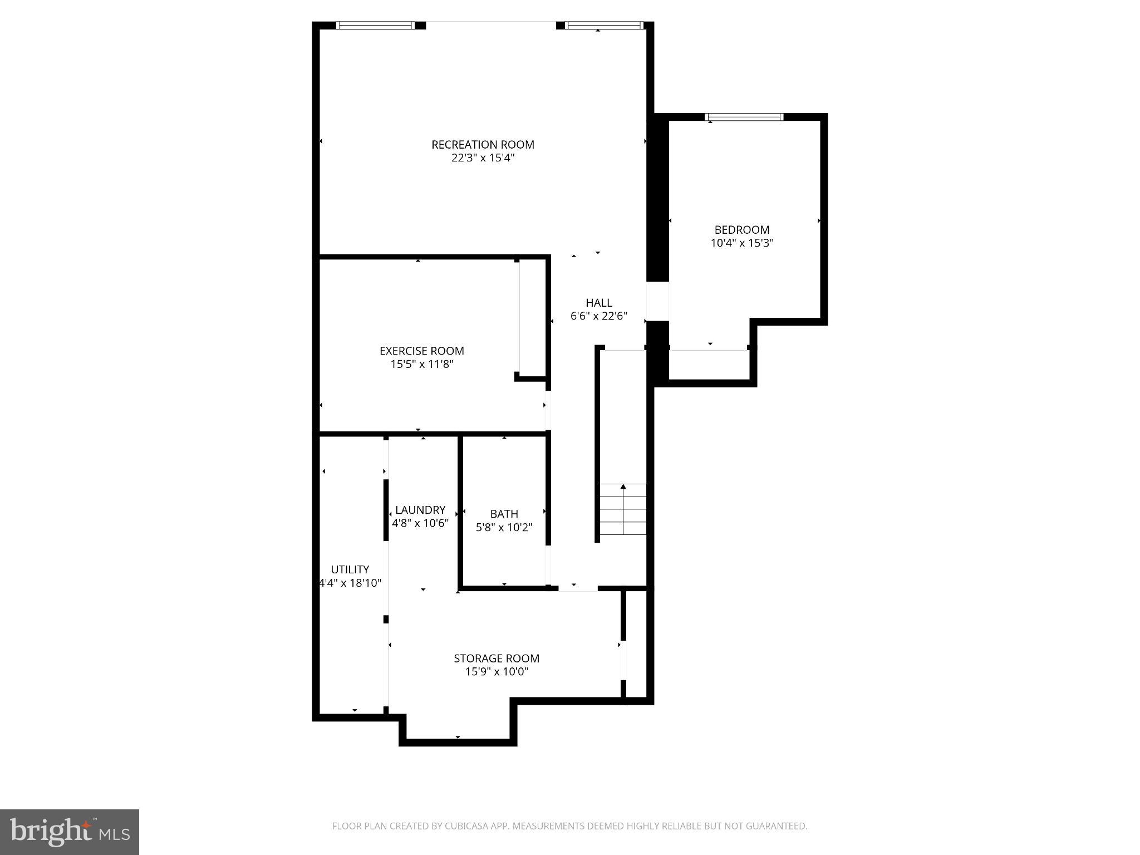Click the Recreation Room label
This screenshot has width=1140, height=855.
click(x=483, y=145)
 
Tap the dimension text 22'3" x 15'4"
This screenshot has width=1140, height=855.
click(x=483, y=158)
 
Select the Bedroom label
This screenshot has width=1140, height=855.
click(x=741, y=230)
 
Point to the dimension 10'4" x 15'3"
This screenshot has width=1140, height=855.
click(x=741, y=243)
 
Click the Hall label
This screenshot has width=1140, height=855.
click(x=598, y=303)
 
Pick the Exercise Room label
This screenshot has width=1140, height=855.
click(x=421, y=351)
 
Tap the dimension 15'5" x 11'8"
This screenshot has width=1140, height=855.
click(x=421, y=365)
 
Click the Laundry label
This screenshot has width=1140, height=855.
click(x=420, y=510)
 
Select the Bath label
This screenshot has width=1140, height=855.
click(x=504, y=514)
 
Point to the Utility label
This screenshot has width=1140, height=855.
click(x=350, y=569)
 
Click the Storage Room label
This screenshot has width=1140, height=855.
click(x=496, y=659)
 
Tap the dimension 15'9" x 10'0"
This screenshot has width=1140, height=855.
click(x=496, y=672)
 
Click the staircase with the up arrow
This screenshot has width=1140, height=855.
click(x=622, y=509)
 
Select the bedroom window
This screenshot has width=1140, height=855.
click(x=743, y=117)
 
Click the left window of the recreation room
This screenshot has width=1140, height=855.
click(x=376, y=25)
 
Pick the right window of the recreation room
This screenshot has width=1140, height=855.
click(x=603, y=25)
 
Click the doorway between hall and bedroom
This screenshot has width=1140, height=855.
click(x=657, y=301)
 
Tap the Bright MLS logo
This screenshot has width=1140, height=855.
click(x=69, y=831)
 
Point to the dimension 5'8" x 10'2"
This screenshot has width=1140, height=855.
click(x=504, y=527)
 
